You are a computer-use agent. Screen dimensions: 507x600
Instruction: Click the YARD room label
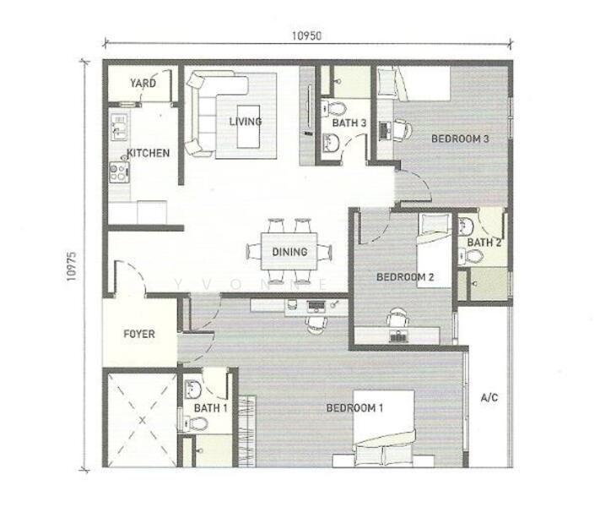click(x=143, y=84)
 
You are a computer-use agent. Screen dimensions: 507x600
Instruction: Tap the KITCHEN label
click(x=149, y=154)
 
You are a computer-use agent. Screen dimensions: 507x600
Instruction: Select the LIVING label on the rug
click(x=246, y=122)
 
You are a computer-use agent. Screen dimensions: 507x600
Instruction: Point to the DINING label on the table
click(x=289, y=252)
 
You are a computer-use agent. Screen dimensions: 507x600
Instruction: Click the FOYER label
click(x=139, y=334)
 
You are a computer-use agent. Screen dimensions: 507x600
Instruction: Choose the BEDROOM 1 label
click(x=355, y=408)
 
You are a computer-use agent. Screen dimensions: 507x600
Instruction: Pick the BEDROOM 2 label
click(x=405, y=277)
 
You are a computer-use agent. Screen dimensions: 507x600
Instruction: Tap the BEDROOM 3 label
click(x=461, y=139)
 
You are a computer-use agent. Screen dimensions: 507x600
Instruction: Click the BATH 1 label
click(x=211, y=408)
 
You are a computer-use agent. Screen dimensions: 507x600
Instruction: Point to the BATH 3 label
click(x=349, y=123)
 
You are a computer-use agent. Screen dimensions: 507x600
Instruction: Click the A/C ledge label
click(x=489, y=397)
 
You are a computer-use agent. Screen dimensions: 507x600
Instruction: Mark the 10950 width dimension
click(x=307, y=36)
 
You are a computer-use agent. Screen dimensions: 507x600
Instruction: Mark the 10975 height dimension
click(x=72, y=264)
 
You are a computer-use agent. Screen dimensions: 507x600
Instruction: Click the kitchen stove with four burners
click(x=119, y=173)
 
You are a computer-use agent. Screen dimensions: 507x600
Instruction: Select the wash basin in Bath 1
click(x=192, y=390)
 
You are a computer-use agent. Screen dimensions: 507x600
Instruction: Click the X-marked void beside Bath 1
click(x=141, y=418)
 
